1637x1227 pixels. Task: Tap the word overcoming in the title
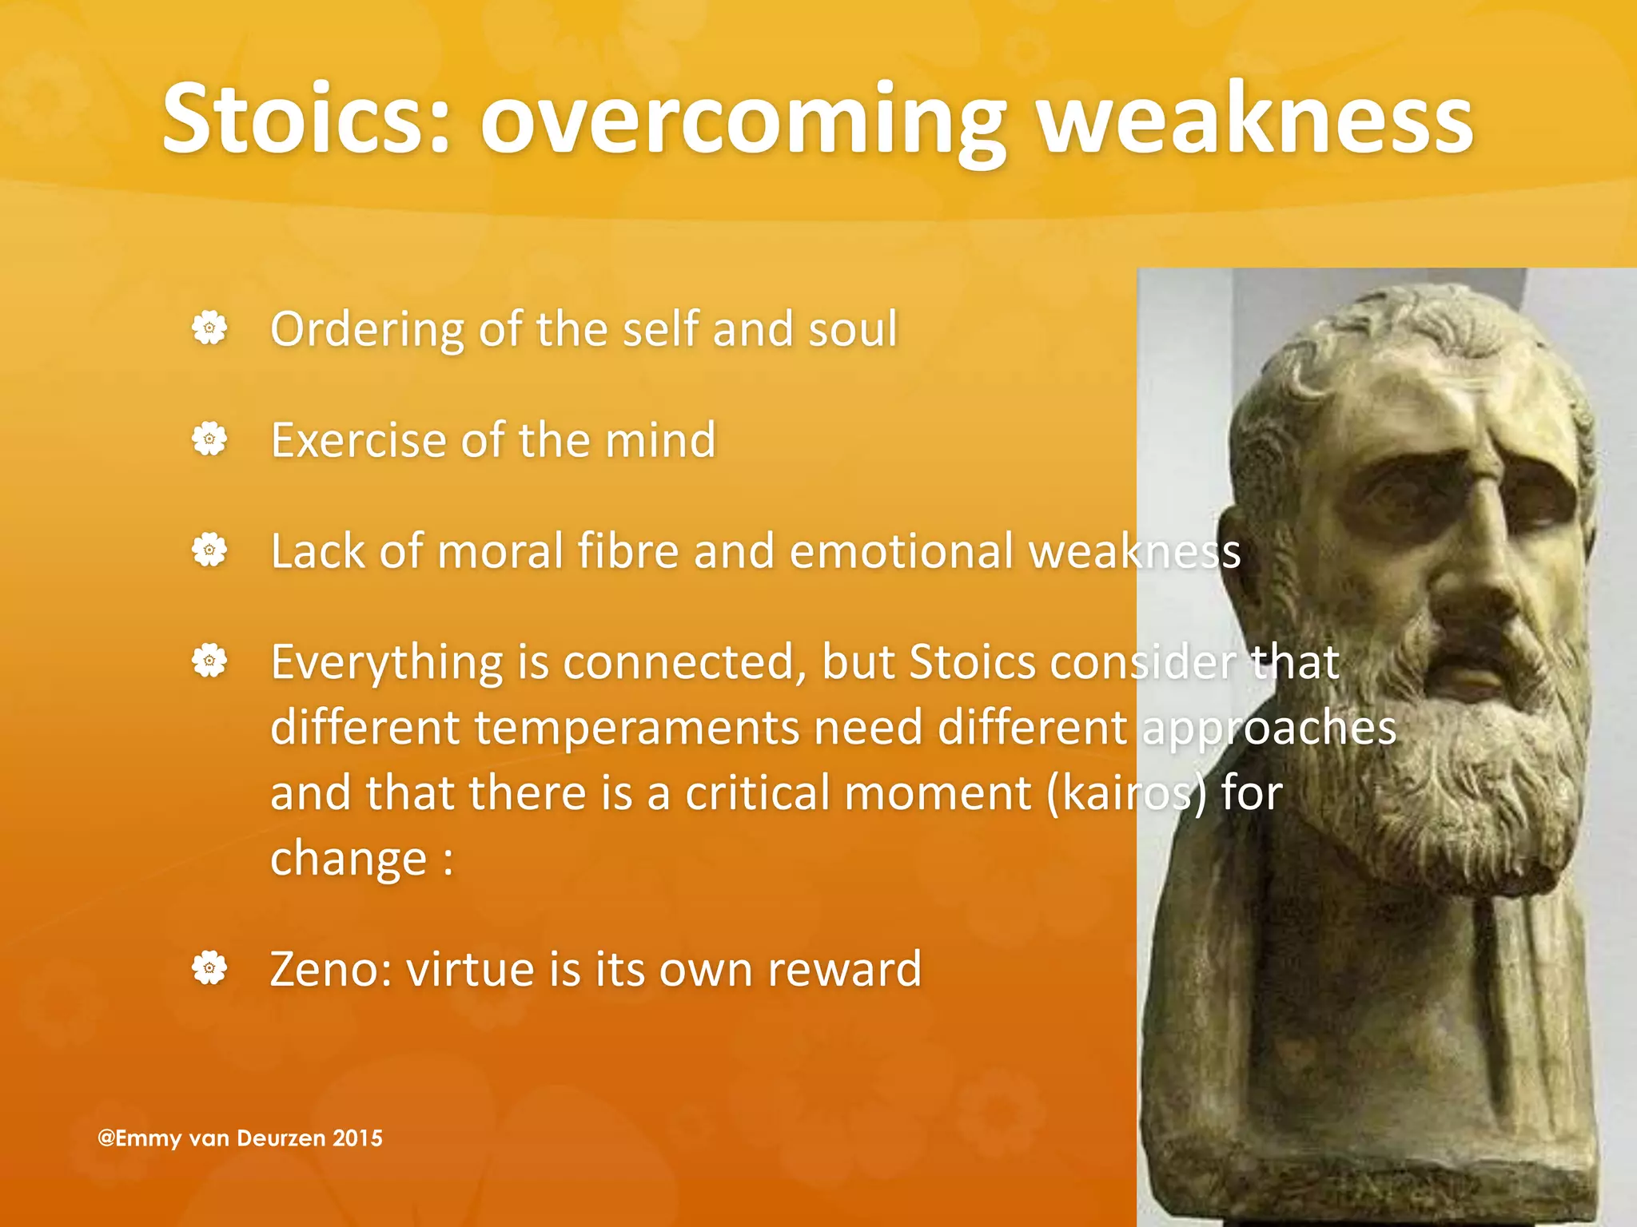[x=743, y=124]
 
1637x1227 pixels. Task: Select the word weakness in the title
[x=1255, y=120]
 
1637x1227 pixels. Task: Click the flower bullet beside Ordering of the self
[x=209, y=328]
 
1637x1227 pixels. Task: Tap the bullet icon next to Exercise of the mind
[x=209, y=439]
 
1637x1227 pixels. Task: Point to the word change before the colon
[x=349, y=860]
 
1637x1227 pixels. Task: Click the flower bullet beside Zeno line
[x=209, y=968]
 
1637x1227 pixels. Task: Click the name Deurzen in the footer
[x=281, y=1138]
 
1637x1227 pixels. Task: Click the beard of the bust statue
[x=1463, y=767]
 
